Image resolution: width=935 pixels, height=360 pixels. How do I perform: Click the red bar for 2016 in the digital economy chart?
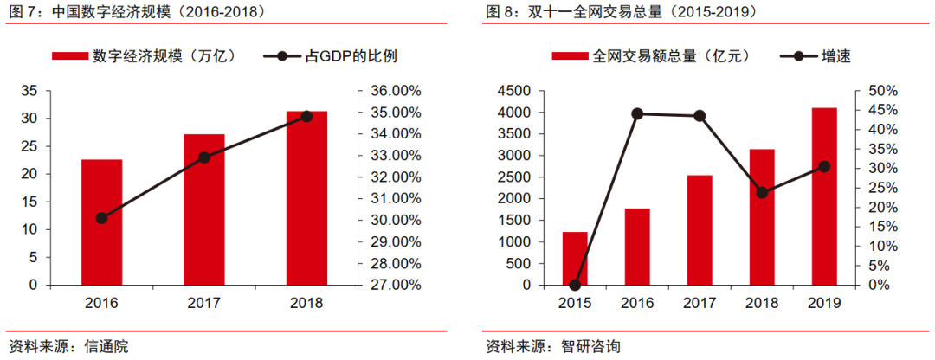[x=101, y=222]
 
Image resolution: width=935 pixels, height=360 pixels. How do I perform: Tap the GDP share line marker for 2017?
[x=204, y=157]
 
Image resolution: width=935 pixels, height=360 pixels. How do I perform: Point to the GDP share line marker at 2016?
[x=101, y=218]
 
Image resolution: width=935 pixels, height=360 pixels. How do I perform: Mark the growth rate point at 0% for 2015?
[x=575, y=285]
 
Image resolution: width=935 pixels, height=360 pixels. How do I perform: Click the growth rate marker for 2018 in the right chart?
[x=762, y=193]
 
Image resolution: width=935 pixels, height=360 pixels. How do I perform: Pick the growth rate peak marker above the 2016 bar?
[x=637, y=113]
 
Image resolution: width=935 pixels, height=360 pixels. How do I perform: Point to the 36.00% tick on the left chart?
[x=395, y=91]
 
